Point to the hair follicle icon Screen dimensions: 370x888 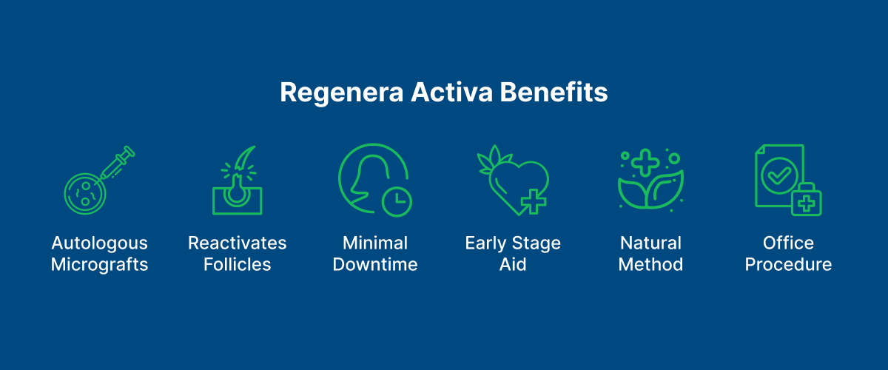237,181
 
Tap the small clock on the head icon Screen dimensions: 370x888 397,200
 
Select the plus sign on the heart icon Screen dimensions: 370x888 533,201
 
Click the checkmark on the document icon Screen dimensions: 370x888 777,176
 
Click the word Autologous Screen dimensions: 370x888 99,243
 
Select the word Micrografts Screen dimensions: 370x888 99,265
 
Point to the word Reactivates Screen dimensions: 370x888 237,243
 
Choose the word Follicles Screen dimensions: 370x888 237,265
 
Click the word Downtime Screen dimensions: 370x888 375,265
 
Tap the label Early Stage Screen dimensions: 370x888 513,243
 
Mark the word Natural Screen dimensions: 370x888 650,243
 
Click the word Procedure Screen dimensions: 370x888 788,265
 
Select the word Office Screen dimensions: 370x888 788,243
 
